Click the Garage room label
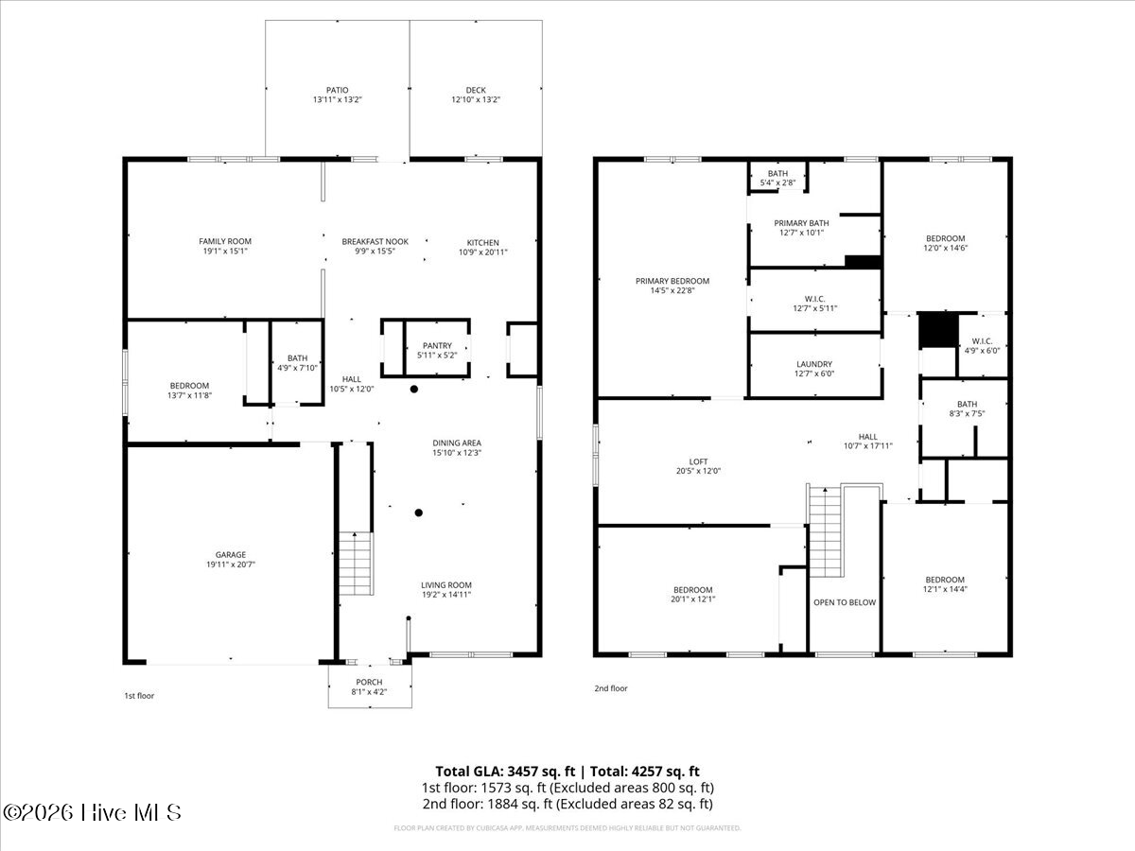231,555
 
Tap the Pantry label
436,345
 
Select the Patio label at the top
338,90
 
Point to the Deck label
475,90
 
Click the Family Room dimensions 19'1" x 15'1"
225,252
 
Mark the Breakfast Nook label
375,242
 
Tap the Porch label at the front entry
369,683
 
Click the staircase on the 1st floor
356,564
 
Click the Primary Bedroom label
672,281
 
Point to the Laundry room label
813,364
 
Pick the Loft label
698,461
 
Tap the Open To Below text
845,602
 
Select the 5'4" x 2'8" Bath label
777,182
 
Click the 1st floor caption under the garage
139,696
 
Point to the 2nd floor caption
611,688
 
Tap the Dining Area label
457,443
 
